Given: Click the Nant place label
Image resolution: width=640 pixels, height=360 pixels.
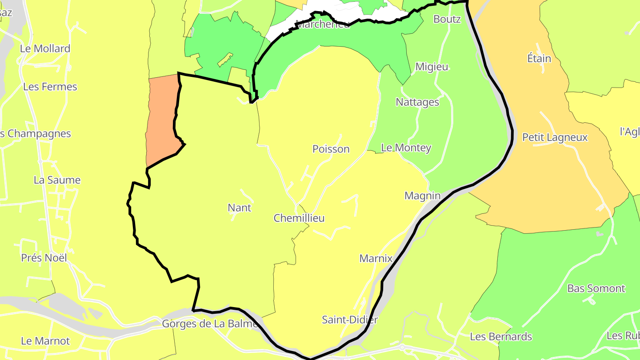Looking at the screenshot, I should [239, 208].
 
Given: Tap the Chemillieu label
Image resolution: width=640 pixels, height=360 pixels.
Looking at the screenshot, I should [299, 218].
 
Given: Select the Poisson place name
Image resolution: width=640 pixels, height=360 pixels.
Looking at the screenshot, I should [331, 149].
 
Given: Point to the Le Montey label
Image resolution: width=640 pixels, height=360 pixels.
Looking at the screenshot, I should [406, 148].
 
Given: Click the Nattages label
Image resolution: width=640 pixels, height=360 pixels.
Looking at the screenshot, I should [417, 102].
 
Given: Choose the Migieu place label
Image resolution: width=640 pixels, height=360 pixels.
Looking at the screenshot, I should [432, 67].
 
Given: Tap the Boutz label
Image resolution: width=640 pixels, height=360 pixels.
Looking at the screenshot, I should [447, 19].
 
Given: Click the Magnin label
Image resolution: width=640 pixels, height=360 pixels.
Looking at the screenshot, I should [422, 196].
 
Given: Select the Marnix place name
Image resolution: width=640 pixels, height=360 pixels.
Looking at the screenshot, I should [376, 258].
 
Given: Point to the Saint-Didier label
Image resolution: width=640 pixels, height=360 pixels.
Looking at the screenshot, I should [350, 320].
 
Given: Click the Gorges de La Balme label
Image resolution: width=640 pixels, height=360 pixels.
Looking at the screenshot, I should [210, 324].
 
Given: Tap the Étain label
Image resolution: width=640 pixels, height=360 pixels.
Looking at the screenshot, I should [539, 58].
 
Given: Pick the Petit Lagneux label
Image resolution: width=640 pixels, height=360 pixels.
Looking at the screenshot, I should [555, 137].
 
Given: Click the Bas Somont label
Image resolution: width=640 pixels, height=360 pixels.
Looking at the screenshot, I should [596, 288].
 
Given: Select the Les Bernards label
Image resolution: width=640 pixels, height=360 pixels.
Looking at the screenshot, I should [501, 336].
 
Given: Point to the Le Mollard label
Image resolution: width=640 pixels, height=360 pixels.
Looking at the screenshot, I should [45, 48].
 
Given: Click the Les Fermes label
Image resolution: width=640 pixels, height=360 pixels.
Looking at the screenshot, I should [50, 87].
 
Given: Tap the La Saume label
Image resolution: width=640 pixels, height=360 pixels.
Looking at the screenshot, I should [57, 180].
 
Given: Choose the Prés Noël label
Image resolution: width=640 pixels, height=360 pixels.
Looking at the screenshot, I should [44, 258].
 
